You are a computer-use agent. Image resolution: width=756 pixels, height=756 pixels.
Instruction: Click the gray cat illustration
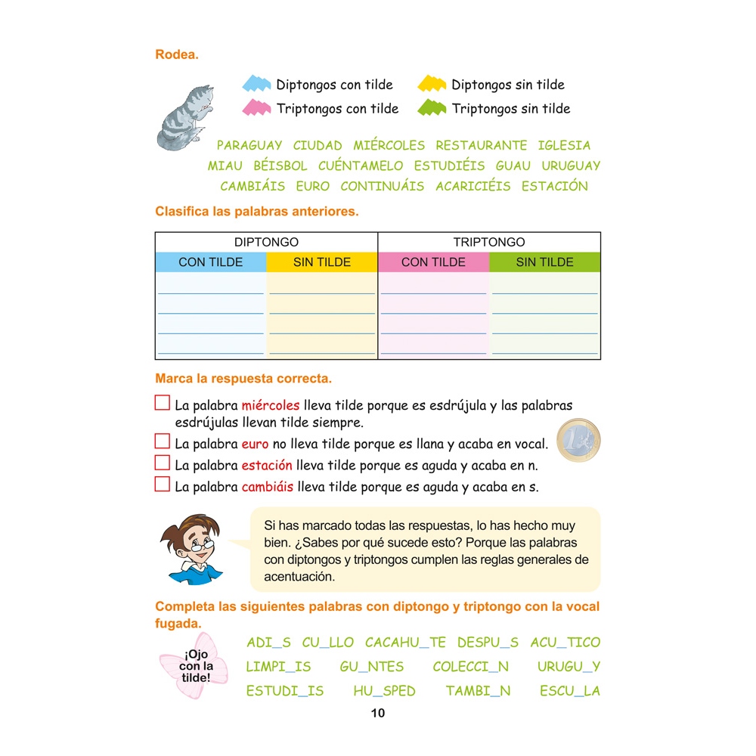click(184, 117)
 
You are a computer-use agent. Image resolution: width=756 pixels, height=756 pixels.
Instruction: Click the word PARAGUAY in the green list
click(249, 145)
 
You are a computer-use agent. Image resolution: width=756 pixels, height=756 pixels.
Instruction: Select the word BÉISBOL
click(280, 166)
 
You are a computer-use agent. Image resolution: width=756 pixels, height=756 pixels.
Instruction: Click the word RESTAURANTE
click(481, 145)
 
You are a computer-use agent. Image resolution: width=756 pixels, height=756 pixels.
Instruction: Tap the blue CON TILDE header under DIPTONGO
click(211, 262)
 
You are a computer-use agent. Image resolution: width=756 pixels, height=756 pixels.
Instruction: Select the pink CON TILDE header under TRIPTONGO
click(433, 262)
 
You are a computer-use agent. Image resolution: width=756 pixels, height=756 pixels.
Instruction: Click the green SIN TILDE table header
click(544, 262)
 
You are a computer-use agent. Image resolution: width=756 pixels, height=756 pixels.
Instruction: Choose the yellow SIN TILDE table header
click(322, 262)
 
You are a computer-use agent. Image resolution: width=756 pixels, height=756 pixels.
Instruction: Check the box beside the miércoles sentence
click(163, 403)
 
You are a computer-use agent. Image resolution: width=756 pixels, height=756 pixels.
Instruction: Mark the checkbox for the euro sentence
click(163, 442)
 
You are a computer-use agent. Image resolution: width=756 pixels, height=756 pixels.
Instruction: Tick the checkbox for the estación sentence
click(163, 463)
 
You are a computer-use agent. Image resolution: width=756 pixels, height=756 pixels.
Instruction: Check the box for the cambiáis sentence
click(163, 485)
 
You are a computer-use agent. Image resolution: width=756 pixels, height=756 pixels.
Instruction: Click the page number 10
click(378, 713)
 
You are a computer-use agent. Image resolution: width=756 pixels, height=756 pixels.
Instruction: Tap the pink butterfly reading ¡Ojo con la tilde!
click(195, 666)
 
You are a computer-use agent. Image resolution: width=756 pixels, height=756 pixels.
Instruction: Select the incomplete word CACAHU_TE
click(405, 643)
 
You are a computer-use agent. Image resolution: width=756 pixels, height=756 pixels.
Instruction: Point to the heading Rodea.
click(177, 54)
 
